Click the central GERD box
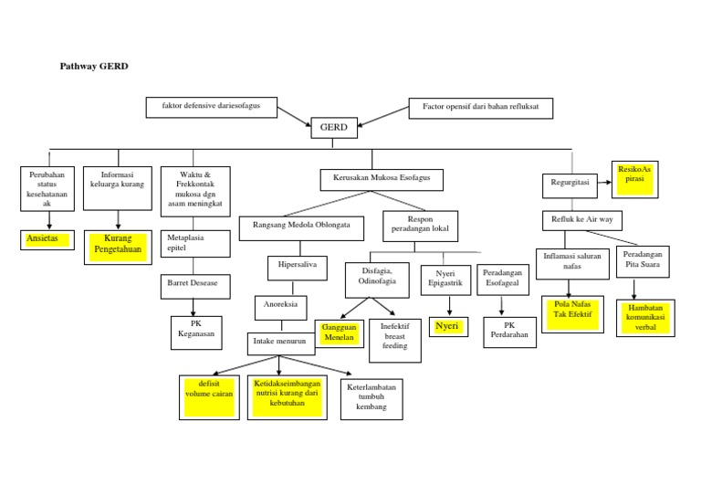pos(334,128)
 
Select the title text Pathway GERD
pos(94,67)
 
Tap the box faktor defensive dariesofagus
pos(210,107)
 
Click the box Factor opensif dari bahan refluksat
pos(480,107)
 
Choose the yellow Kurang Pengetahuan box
pos(118,245)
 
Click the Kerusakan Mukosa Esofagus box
pos(382,179)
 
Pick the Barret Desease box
pos(193,283)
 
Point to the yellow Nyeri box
pos(446,326)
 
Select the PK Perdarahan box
pos(504,332)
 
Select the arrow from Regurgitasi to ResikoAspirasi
pos(604,183)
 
